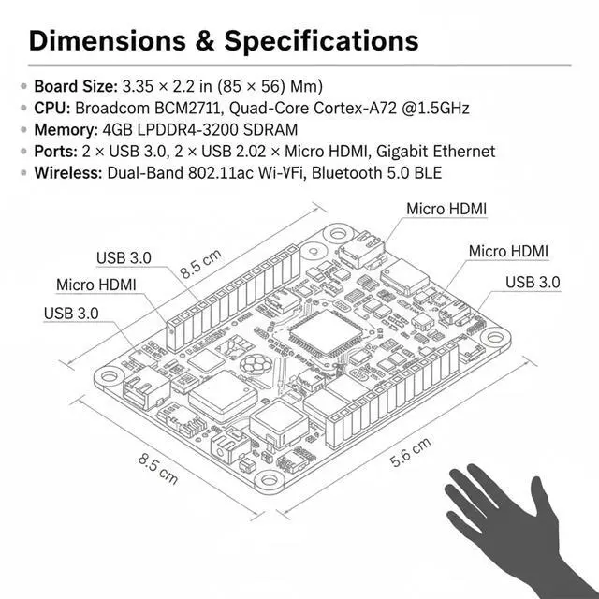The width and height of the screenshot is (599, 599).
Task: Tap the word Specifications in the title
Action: tap(321, 41)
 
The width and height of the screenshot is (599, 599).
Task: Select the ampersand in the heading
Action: tap(206, 41)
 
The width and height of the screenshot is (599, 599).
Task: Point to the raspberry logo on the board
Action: tap(254, 365)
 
